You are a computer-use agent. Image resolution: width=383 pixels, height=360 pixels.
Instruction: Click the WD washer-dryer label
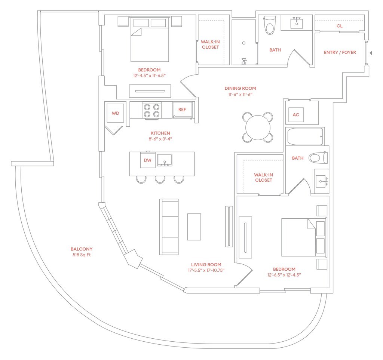point(116,113)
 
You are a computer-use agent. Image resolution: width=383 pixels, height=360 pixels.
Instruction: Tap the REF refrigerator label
point(182,110)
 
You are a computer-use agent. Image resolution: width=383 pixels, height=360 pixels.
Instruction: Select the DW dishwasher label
point(147,160)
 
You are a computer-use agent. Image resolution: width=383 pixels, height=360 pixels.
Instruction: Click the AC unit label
point(296,115)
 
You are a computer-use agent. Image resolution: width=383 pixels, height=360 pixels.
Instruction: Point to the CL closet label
point(339,26)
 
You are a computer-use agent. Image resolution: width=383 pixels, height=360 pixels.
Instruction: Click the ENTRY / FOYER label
point(340,52)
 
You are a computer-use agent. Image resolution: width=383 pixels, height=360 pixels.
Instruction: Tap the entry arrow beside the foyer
point(371,53)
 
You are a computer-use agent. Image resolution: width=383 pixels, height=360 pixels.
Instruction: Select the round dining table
point(258,127)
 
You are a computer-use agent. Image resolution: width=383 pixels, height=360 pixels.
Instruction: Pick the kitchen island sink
point(165,160)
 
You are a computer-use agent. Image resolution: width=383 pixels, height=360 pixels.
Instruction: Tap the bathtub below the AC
point(305,136)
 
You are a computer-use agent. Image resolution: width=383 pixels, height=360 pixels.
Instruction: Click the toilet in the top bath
point(269,25)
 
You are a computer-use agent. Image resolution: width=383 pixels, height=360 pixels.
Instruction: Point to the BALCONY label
point(82,249)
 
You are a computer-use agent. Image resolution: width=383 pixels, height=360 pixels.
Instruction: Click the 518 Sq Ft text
point(82,255)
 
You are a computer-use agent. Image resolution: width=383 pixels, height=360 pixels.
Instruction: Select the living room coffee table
point(194,227)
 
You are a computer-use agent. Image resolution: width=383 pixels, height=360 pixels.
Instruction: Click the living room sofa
point(169,227)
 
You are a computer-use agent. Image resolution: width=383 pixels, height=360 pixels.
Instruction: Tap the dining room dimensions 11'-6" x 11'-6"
point(240,95)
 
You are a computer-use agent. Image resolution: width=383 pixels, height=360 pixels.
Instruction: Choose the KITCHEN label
point(160,133)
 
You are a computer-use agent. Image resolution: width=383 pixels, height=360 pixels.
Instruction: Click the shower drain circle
point(243,43)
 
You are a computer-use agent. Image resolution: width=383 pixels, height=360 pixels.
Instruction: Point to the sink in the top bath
point(298,22)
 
